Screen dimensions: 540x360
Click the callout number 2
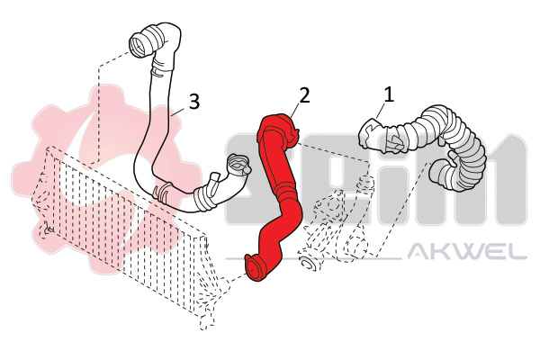304,95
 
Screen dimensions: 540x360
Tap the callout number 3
194,102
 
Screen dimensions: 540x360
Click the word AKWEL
467,251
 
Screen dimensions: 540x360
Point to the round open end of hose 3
138,45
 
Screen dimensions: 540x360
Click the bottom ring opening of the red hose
256,268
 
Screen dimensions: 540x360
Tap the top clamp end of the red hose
289,130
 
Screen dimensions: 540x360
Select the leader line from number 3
180,111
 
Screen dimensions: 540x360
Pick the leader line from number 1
381,111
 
